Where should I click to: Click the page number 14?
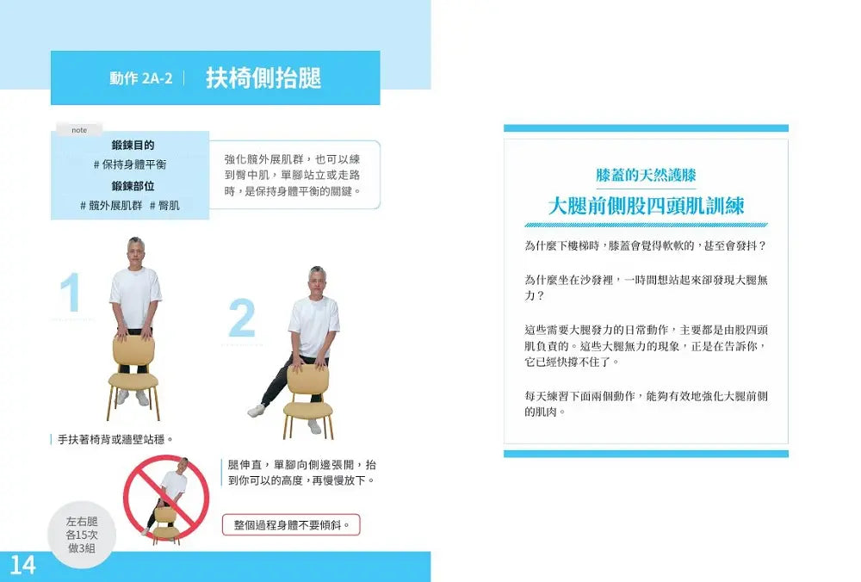22,565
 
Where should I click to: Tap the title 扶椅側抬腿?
263,78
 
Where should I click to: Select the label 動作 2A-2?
141,78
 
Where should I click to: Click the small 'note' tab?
79,130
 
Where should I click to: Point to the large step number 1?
71,292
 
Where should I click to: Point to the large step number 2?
242,318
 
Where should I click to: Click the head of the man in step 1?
135,251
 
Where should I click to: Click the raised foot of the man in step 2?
256,410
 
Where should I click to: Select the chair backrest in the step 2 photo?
308,379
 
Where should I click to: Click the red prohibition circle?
166,498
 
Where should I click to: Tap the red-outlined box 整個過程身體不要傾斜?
291,525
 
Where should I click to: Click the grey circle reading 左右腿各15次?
82,535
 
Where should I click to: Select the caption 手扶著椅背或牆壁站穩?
116,439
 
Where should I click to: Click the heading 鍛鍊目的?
133,145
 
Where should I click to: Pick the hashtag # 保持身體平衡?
130,164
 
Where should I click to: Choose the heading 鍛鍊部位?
133,186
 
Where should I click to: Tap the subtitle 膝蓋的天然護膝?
647,175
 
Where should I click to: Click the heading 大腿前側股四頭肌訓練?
647,207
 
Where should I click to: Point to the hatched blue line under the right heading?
647,225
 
